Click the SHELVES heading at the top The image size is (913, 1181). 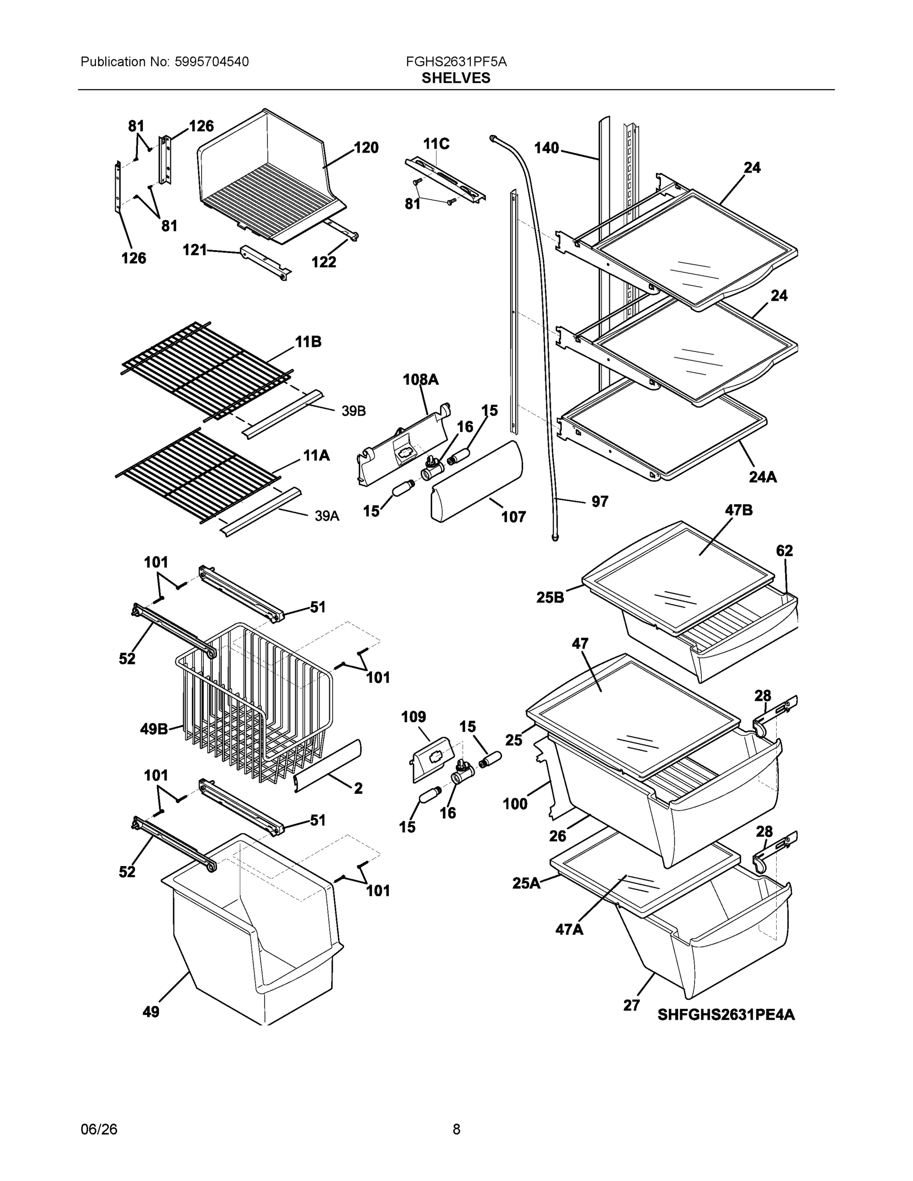456,78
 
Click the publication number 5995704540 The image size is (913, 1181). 212,62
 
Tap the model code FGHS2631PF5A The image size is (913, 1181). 456,62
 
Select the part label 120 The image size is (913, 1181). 366,148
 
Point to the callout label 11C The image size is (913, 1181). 436,144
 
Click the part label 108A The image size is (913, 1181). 421,380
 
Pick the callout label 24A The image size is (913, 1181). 762,476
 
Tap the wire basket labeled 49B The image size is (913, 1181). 254,703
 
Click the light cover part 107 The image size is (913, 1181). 476,481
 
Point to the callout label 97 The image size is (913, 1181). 600,501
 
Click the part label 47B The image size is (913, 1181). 738,510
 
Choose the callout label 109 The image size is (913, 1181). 413,717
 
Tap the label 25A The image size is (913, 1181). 526,883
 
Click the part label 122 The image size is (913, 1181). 323,262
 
